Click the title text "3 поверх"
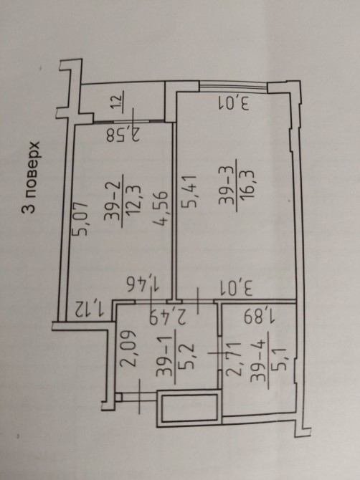pos(31,177)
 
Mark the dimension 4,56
pos(161,208)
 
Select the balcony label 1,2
pos(118,102)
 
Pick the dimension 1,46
pos(143,284)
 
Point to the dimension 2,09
pos(127,347)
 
